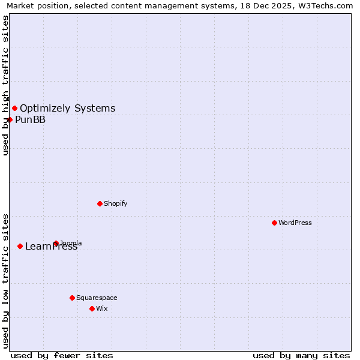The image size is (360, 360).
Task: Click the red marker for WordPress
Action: coord(274,223)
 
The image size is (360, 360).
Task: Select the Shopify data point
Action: coord(100,203)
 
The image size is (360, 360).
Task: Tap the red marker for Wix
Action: coord(92,308)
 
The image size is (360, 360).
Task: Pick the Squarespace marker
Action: coord(72,298)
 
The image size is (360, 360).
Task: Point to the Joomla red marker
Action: coord(56,243)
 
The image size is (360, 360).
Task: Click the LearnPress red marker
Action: coord(20,246)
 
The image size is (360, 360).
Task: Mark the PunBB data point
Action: coord(10,119)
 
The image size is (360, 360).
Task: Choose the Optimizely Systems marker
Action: coord(14,108)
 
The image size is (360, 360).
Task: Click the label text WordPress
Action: coord(295,223)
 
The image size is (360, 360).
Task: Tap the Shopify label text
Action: coord(116,203)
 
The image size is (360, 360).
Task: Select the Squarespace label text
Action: coord(97,298)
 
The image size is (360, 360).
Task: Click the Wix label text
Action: coord(102,308)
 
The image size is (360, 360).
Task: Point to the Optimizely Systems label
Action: coord(67,109)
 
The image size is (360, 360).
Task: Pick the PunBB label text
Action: coord(30,119)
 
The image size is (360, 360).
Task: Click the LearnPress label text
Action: coord(52,247)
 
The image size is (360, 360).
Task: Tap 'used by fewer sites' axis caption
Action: coord(62,355)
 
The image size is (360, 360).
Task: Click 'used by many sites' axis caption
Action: coord(301,355)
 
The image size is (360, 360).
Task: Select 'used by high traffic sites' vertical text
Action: coord(5,85)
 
